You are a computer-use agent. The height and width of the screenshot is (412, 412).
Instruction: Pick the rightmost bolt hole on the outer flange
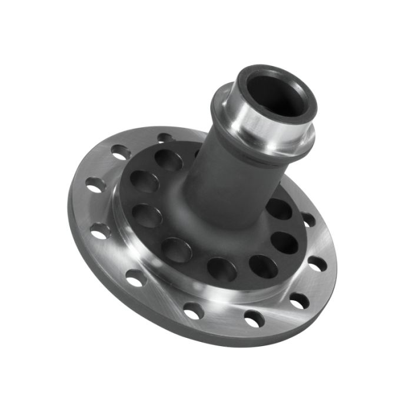click(318, 264)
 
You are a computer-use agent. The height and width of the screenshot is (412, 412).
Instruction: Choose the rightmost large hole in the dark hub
click(286, 242)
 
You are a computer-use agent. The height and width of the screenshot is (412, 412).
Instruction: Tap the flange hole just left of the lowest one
click(193, 311)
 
